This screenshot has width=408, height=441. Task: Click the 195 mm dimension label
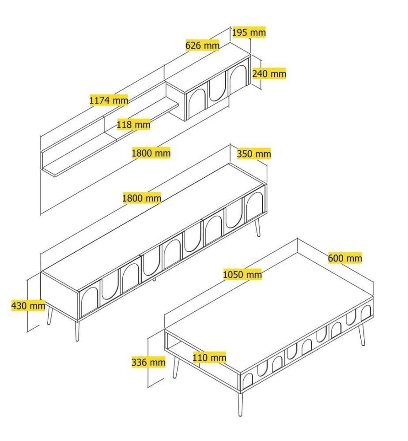[249, 32]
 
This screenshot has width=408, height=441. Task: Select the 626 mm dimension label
[202, 45]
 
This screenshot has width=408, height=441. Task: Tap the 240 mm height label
[269, 74]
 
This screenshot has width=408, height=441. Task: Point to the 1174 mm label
[109, 100]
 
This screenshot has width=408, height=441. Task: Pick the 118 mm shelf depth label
[133, 124]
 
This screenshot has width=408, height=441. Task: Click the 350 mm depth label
[254, 154]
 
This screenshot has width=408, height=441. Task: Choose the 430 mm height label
[28, 305]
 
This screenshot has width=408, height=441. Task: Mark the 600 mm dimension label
[345, 258]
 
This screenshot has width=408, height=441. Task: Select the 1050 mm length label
[242, 274]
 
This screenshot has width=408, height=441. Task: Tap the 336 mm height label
[148, 362]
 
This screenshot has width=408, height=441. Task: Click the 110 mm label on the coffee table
[209, 358]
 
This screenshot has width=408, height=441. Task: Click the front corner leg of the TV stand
[77, 331]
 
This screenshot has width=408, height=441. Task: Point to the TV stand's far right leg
[257, 228]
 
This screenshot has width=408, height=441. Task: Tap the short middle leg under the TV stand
[154, 279]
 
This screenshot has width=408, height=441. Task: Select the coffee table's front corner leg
[240, 404]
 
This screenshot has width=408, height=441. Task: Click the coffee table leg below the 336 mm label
[176, 367]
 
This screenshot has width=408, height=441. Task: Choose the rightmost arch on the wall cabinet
[239, 77]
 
